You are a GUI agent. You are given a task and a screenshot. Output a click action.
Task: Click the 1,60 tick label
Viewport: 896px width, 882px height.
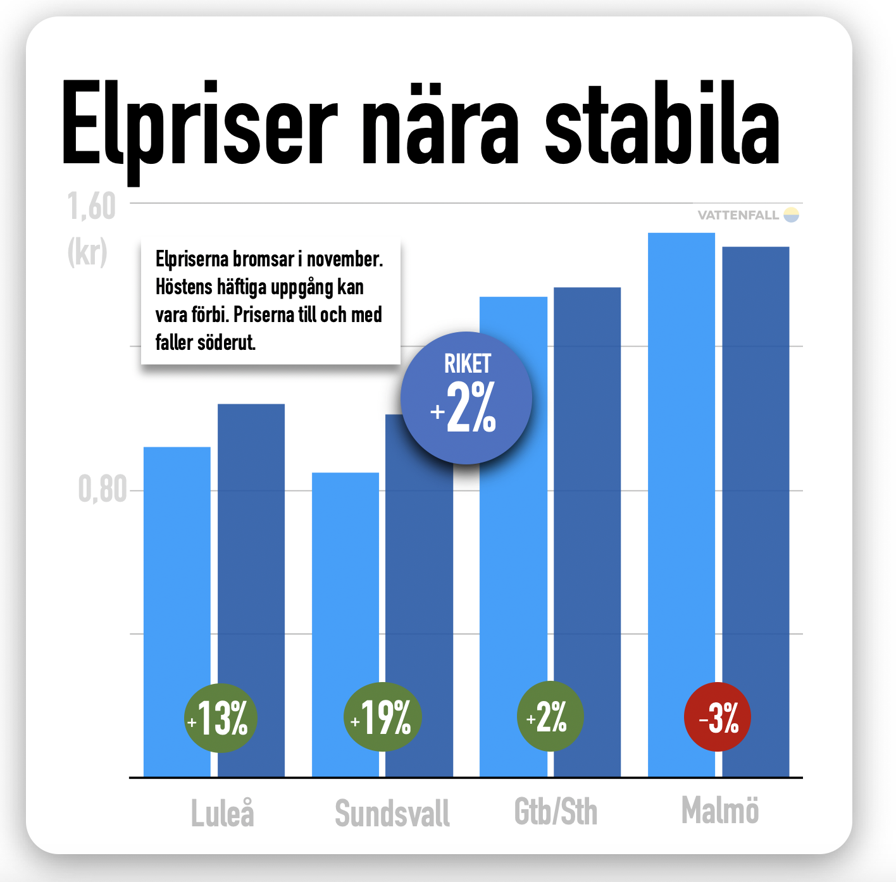92,207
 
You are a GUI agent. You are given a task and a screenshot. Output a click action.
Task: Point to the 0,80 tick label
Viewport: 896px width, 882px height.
102,489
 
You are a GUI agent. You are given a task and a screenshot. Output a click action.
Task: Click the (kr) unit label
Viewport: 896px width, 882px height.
87,252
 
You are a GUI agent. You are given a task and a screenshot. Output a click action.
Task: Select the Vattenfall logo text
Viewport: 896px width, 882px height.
738,215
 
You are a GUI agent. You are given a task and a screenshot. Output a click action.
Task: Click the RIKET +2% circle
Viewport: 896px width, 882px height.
466,398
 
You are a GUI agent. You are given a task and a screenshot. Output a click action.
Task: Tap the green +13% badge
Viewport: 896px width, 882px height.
220,718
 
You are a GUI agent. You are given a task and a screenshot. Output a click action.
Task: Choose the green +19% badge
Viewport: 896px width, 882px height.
382,718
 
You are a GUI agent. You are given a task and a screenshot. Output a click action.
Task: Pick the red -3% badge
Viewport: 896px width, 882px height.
718,717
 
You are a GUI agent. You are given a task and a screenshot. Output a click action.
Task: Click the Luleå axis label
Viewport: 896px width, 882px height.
223,813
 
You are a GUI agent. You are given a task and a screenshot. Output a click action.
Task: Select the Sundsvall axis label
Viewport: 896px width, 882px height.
392,813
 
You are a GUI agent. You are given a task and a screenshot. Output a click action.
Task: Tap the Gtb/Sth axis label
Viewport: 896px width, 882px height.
556,812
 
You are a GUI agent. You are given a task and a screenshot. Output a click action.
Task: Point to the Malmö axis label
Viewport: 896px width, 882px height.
720,811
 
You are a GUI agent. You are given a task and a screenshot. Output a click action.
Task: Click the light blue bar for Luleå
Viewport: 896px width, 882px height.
177,569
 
